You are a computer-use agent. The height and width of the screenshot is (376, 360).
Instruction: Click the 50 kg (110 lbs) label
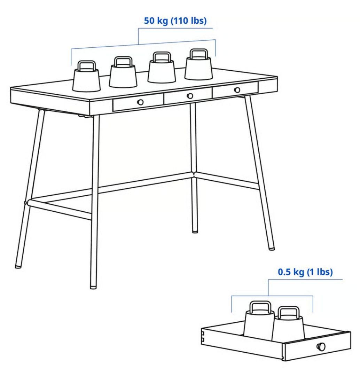175,21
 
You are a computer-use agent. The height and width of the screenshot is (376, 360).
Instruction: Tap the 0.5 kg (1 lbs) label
305,272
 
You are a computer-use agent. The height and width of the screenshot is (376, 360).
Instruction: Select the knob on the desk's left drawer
140,102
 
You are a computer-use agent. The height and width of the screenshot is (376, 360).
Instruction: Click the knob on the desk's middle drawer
190,96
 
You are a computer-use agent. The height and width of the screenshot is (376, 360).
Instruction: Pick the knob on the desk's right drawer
237,90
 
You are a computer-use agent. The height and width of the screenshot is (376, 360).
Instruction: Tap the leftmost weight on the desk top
86,79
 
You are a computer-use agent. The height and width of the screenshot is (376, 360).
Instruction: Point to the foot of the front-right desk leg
271,249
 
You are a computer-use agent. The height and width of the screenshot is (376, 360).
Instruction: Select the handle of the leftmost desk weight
86,65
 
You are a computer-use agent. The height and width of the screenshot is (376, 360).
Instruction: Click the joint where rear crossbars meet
194,174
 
